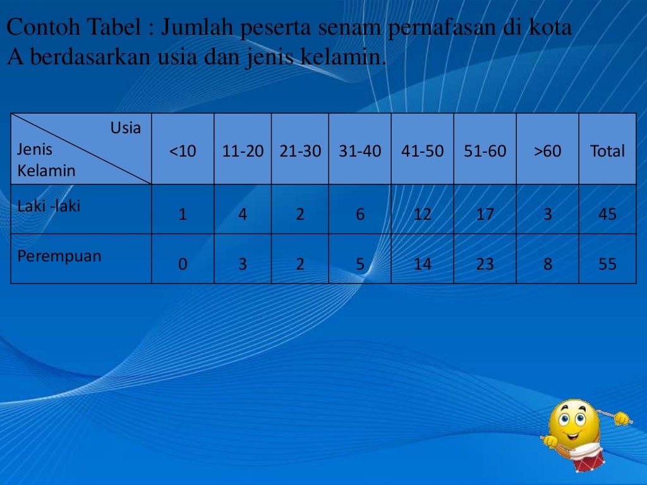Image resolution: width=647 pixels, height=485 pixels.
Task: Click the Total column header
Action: [607, 152]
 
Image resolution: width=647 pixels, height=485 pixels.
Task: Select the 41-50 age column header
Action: [422, 152]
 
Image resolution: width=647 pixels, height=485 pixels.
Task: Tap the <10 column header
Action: [183, 152]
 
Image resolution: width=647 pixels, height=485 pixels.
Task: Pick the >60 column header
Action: [547, 152]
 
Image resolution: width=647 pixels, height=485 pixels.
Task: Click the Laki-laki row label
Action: [49, 206]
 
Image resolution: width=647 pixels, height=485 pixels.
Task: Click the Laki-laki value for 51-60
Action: [485, 214]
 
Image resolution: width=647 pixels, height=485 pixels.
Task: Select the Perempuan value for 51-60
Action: [485, 264]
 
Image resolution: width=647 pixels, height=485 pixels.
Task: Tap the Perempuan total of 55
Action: [607, 264]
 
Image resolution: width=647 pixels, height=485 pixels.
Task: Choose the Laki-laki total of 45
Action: [607, 214]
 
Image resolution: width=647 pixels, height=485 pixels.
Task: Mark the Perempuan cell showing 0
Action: [183, 264]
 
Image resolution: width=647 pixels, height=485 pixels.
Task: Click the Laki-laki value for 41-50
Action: [422, 214]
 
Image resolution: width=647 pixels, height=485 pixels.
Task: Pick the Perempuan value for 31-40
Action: [360, 264]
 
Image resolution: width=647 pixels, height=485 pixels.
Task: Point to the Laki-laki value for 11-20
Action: [243, 214]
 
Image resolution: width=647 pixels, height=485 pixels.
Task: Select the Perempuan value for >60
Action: [547, 264]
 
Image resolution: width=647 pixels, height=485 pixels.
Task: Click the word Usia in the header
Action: [126, 128]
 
